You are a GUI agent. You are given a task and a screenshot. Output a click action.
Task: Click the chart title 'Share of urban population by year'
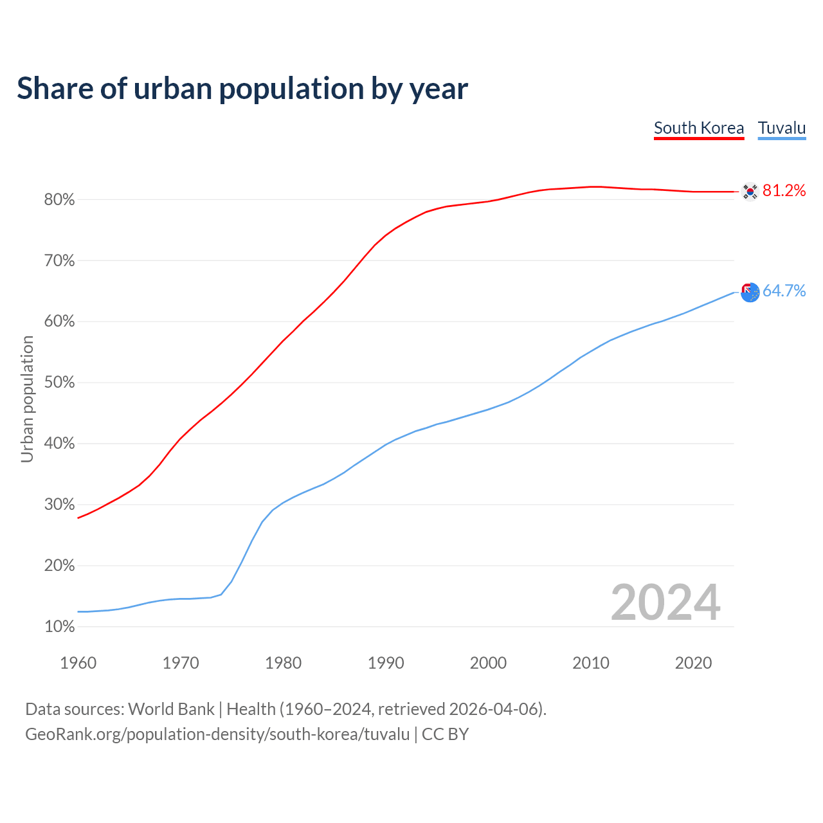coord(242,89)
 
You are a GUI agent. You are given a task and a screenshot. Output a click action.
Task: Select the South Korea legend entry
coord(699,128)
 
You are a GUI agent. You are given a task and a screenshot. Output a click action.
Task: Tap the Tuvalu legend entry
coord(782,128)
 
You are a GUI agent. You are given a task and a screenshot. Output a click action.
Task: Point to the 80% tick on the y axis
coord(60,200)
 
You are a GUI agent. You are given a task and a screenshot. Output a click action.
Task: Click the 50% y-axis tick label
coord(60,383)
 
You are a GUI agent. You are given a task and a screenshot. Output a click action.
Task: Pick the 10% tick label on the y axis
coord(60,627)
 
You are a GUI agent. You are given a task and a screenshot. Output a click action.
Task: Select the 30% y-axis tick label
coord(60,505)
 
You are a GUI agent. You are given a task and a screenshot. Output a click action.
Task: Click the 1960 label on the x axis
coord(78,663)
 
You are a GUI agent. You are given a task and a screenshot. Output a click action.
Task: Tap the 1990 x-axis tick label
coord(386,663)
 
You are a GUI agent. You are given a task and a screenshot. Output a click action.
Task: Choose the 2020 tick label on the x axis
coord(693,663)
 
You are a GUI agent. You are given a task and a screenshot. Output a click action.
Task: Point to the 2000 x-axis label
coord(488,663)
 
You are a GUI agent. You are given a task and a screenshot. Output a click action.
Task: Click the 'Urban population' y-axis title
coord(27,399)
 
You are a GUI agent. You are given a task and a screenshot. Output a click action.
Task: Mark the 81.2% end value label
coord(784,190)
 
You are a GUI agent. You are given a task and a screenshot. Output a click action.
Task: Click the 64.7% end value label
coord(784,291)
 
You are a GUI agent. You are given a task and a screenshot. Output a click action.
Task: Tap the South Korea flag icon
coord(750,192)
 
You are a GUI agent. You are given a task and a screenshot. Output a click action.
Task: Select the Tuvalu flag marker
coord(750,293)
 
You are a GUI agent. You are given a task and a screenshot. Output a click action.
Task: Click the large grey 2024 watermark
coord(665,602)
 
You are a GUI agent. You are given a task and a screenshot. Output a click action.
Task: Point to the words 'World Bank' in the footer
coord(171,709)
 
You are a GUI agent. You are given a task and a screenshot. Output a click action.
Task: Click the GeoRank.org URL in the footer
coord(217,734)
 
